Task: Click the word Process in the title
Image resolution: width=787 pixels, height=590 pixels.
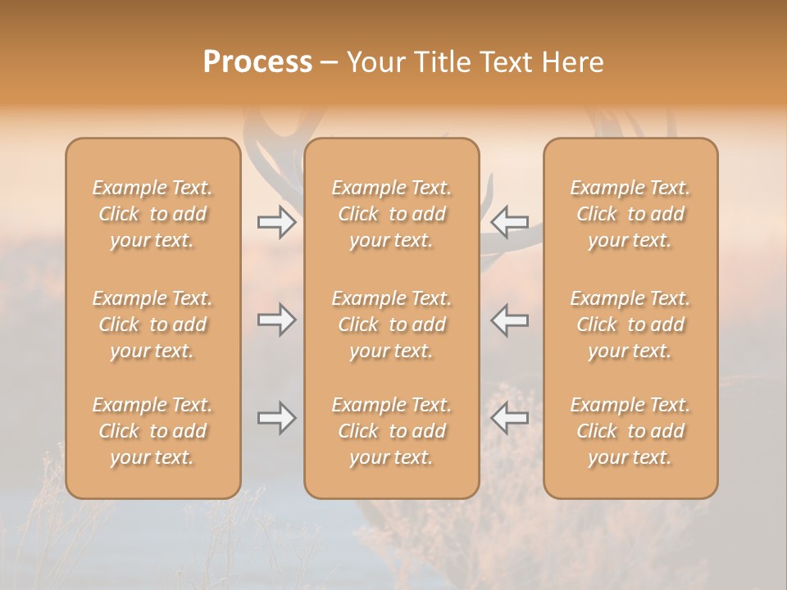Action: coord(257,62)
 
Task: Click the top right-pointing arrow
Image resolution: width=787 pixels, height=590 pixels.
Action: coord(276,222)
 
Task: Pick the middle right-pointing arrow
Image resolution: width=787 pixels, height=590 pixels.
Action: coord(276,320)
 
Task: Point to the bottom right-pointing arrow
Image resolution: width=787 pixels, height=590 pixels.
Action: coord(276,419)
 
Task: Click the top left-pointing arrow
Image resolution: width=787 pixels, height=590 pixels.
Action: coord(510,222)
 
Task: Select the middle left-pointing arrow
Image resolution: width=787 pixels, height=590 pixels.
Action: coord(510,320)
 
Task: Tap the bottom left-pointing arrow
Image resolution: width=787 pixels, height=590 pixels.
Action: coord(510,419)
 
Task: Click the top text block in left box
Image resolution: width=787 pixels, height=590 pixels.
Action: coord(152,214)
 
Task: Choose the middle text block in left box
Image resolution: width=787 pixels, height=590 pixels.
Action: coord(152,324)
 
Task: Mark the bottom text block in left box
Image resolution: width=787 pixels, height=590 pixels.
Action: coord(152,431)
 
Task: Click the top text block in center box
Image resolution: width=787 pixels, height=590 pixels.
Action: coord(392,214)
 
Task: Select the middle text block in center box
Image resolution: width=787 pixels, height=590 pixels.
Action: coord(392,324)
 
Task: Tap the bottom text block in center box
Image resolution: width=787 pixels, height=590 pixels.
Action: coord(392,431)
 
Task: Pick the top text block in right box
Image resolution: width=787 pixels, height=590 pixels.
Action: coord(630,214)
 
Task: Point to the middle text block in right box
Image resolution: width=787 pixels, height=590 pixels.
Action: coord(630,324)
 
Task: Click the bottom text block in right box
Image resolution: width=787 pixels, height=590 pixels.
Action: coord(630,431)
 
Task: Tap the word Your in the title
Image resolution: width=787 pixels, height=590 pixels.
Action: coord(373,62)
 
